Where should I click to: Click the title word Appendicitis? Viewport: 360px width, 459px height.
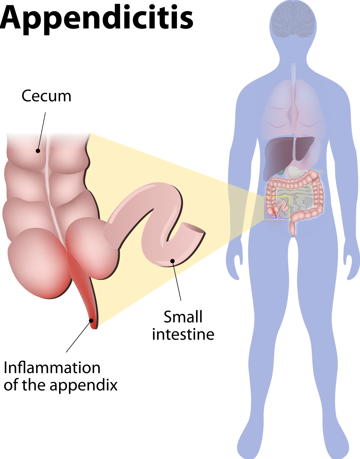[96, 18]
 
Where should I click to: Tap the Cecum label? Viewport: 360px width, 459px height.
[46, 96]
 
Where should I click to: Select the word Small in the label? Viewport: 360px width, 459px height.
[183, 317]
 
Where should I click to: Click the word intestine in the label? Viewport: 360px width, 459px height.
[183, 335]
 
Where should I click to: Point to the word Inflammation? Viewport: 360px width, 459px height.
[52, 368]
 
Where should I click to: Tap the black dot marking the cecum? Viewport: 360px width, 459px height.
[38, 150]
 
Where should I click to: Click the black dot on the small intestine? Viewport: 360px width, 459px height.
[172, 261]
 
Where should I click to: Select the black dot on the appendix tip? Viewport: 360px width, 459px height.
[91, 320]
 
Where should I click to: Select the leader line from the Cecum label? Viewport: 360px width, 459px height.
[42, 130]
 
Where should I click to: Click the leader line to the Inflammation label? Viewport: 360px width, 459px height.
[78, 336]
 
